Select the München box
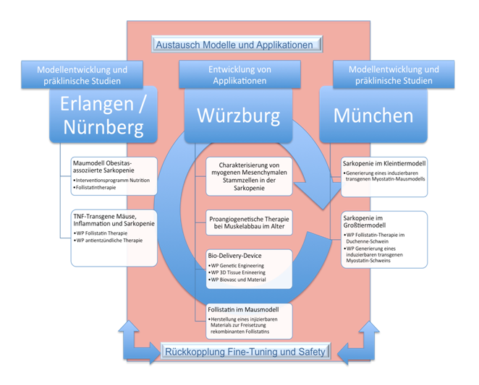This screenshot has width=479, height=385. [373, 116]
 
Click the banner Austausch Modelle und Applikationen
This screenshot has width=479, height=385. [237, 45]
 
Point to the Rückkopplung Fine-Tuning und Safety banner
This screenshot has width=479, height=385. [247, 352]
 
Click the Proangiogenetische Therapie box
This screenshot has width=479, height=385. [249, 223]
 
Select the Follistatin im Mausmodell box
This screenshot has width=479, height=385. [249, 321]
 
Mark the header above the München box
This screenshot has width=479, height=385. [394, 75]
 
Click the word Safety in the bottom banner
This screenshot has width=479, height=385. [313, 352]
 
